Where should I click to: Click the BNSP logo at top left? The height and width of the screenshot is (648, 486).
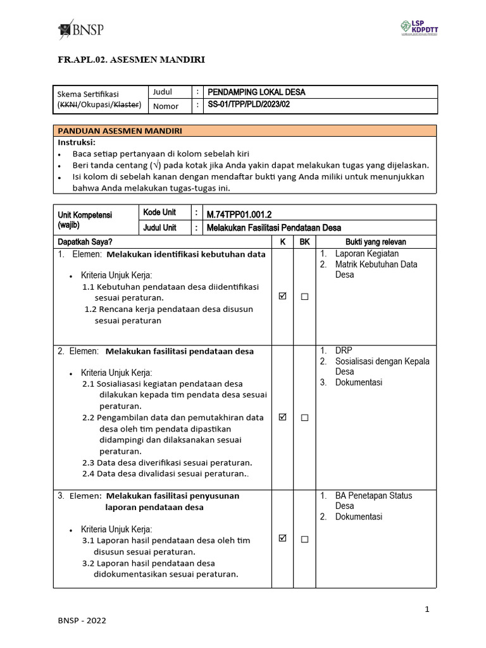80,30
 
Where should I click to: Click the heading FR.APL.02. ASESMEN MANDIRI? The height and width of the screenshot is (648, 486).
132,60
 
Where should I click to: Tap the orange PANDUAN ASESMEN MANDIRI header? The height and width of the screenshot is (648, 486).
120,131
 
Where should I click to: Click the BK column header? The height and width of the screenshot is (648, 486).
304,242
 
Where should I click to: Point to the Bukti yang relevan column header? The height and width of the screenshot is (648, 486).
375,242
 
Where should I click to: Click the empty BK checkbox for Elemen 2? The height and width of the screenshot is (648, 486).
304,418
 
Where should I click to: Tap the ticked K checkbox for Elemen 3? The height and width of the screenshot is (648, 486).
282,539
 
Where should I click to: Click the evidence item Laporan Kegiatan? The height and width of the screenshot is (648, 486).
367,254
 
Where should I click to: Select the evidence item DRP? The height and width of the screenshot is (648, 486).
344,351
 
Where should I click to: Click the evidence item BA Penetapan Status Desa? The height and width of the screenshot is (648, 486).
373,501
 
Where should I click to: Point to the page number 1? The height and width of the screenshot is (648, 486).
427,609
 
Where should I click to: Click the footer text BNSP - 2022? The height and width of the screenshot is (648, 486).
82,621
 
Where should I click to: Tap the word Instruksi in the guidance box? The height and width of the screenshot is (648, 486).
76,142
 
